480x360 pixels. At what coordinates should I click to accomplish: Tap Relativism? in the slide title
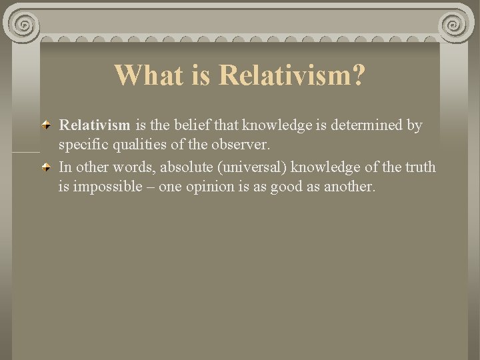pyautogui.click(x=292, y=75)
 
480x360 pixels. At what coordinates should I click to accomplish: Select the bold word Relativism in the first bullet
pyautogui.click(x=95, y=125)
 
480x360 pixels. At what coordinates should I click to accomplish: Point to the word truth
pyautogui.click(x=419, y=167)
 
